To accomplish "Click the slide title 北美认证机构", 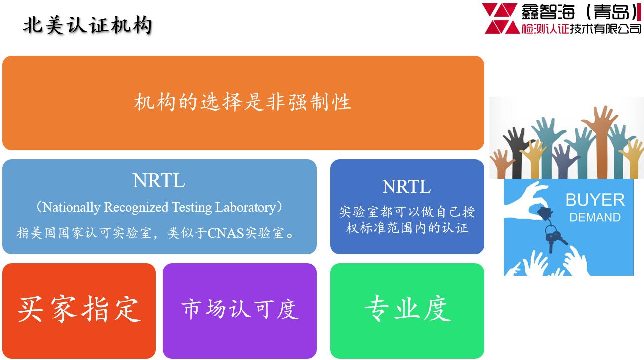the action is tap(88, 26).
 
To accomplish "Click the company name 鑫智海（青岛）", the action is tap(581, 12).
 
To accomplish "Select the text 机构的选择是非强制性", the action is tap(243, 102).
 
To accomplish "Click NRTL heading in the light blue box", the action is tap(159, 180).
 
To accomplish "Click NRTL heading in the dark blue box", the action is tap(406, 186).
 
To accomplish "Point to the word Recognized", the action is tap(136, 207).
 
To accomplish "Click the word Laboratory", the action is tap(246, 207).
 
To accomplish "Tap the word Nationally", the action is tap(71, 207).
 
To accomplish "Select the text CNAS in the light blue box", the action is tap(226, 233).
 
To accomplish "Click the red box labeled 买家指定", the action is tap(79, 311).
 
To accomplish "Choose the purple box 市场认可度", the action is tap(240, 311).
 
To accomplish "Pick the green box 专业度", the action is tap(407, 311).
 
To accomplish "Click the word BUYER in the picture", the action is tap(595, 200).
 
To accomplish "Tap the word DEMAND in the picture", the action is tap(595, 217).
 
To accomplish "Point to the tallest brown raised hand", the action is tap(601, 141).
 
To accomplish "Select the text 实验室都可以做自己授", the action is tap(407, 212).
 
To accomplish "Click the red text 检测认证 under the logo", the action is tap(545, 29).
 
